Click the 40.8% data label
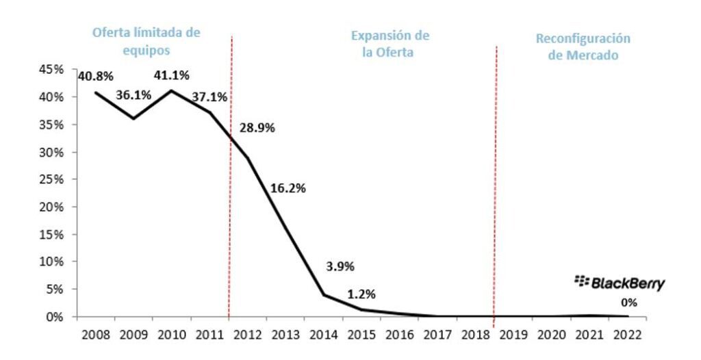pos(95,76)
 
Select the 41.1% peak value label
pos(171,75)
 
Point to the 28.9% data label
pos(257,128)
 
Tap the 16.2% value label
pos(288,187)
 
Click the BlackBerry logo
pos(620,283)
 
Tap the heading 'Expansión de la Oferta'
pos(390,44)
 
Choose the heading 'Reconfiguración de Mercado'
pos(583,47)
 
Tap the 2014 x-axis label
pos(323,337)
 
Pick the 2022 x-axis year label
pos(628,337)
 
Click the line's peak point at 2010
pos(171,90)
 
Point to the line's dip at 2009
pos(133,118)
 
